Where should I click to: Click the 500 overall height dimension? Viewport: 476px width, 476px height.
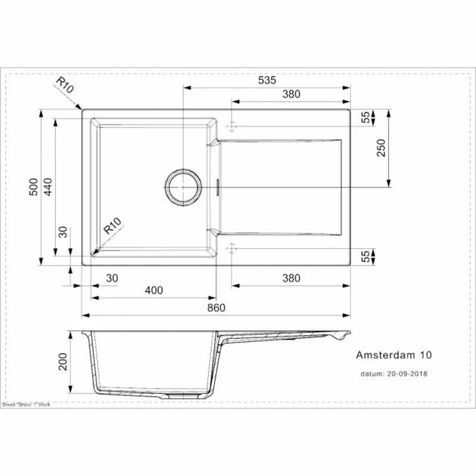(x=34, y=187)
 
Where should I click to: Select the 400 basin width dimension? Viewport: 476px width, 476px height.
(x=154, y=290)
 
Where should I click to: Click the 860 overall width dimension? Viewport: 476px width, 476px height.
(x=217, y=308)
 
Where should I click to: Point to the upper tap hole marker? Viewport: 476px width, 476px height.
(x=231, y=127)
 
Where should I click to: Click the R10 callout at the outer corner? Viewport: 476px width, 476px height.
(x=65, y=86)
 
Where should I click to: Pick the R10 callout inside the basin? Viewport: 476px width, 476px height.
(x=112, y=227)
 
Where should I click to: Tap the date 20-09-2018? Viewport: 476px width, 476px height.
(x=407, y=374)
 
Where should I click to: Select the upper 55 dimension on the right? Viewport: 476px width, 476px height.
(x=365, y=118)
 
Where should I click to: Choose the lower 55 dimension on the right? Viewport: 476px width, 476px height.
(x=365, y=256)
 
